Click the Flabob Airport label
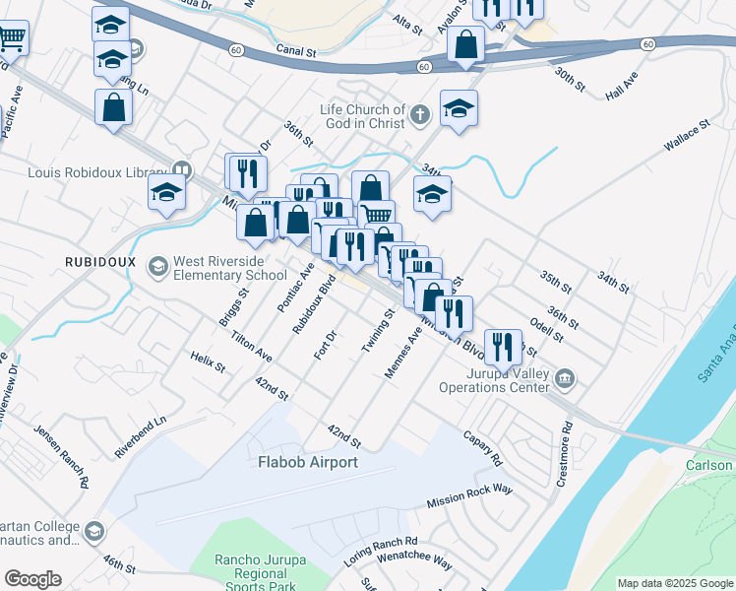pyautogui.click(x=307, y=461)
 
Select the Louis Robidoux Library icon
pyautogui.click(x=181, y=169)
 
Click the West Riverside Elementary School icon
pyautogui.click(x=157, y=267)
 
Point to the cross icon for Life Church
pyautogui.click(x=420, y=115)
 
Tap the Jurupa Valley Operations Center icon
pyautogui.click(x=564, y=379)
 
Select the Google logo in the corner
pyautogui.click(x=32, y=578)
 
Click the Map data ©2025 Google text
pyautogui.click(x=674, y=583)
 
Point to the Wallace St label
pyautogui.click(x=686, y=136)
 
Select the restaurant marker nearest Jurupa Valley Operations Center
pyautogui.click(x=503, y=346)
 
